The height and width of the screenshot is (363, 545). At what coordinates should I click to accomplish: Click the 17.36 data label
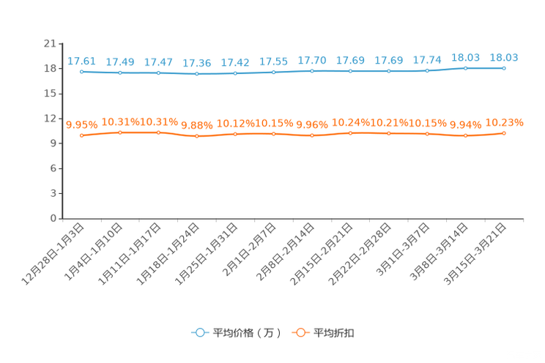click(x=197, y=63)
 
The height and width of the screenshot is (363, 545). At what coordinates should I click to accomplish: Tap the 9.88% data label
click(x=197, y=125)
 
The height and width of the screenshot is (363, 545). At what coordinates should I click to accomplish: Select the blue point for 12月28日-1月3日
click(x=82, y=72)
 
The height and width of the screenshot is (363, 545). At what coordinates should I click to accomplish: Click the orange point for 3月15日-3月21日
click(x=504, y=133)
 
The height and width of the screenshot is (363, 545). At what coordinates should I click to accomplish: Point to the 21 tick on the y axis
click(x=50, y=43)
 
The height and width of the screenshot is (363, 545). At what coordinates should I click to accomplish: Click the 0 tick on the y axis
click(x=53, y=218)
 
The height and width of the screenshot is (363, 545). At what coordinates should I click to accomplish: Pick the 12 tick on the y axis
click(x=50, y=119)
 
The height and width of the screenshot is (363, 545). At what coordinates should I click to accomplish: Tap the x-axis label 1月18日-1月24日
click(x=168, y=254)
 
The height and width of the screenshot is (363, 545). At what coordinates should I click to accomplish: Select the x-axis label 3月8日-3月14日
click(x=438, y=252)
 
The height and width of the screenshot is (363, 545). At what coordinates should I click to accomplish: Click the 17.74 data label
click(x=427, y=60)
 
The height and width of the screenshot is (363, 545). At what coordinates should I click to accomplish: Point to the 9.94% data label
click(x=465, y=124)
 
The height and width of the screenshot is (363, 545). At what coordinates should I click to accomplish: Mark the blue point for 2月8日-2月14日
click(x=312, y=71)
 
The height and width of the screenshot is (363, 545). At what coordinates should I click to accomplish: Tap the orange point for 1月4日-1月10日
click(x=120, y=132)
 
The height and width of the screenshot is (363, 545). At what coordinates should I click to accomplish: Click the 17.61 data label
click(x=81, y=61)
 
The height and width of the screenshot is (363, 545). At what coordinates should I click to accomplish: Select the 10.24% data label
click(x=350, y=122)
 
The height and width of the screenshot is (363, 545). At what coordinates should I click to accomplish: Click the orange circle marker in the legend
click(x=300, y=333)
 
